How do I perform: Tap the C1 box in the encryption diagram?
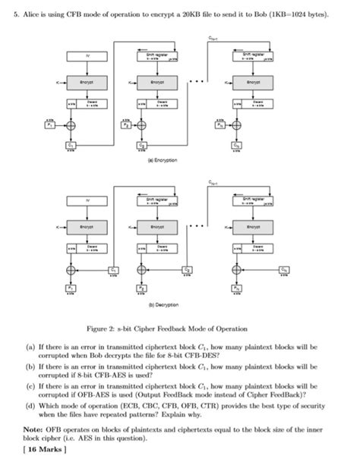point(71,144)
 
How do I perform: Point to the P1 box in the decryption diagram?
point(71,289)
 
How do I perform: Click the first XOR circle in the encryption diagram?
point(71,125)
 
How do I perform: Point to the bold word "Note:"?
point(33,429)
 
